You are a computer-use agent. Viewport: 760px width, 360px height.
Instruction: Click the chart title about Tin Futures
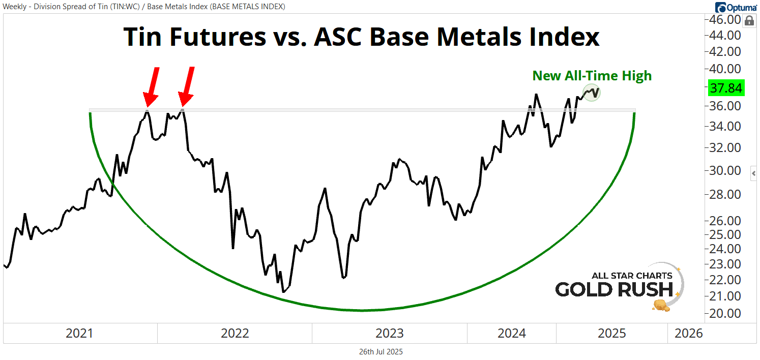coord(361,37)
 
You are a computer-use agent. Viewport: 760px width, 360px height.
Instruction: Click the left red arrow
coord(152,86)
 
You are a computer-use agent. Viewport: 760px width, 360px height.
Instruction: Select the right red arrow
coord(186,86)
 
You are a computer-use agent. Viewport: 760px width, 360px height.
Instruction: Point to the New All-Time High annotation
coord(592,76)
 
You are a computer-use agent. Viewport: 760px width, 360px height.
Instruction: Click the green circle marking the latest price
coord(592,93)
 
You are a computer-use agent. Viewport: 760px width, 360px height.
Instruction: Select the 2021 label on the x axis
coord(80,334)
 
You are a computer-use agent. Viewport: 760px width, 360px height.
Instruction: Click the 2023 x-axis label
coord(390,334)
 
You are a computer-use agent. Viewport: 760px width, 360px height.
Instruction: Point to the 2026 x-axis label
coord(688,334)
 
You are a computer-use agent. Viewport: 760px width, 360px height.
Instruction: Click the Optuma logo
coord(736,7)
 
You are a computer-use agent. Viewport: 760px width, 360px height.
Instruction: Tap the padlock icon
coord(749,21)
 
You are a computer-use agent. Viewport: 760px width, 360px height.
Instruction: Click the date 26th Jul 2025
coord(381,352)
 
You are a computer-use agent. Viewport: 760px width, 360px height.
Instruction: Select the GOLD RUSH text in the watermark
coord(614,289)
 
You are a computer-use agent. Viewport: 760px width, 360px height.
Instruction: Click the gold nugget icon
coord(660,305)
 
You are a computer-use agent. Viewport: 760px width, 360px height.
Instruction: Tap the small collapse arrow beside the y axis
coord(753,174)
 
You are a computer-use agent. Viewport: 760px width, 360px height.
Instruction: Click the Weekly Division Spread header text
coord(144,7)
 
